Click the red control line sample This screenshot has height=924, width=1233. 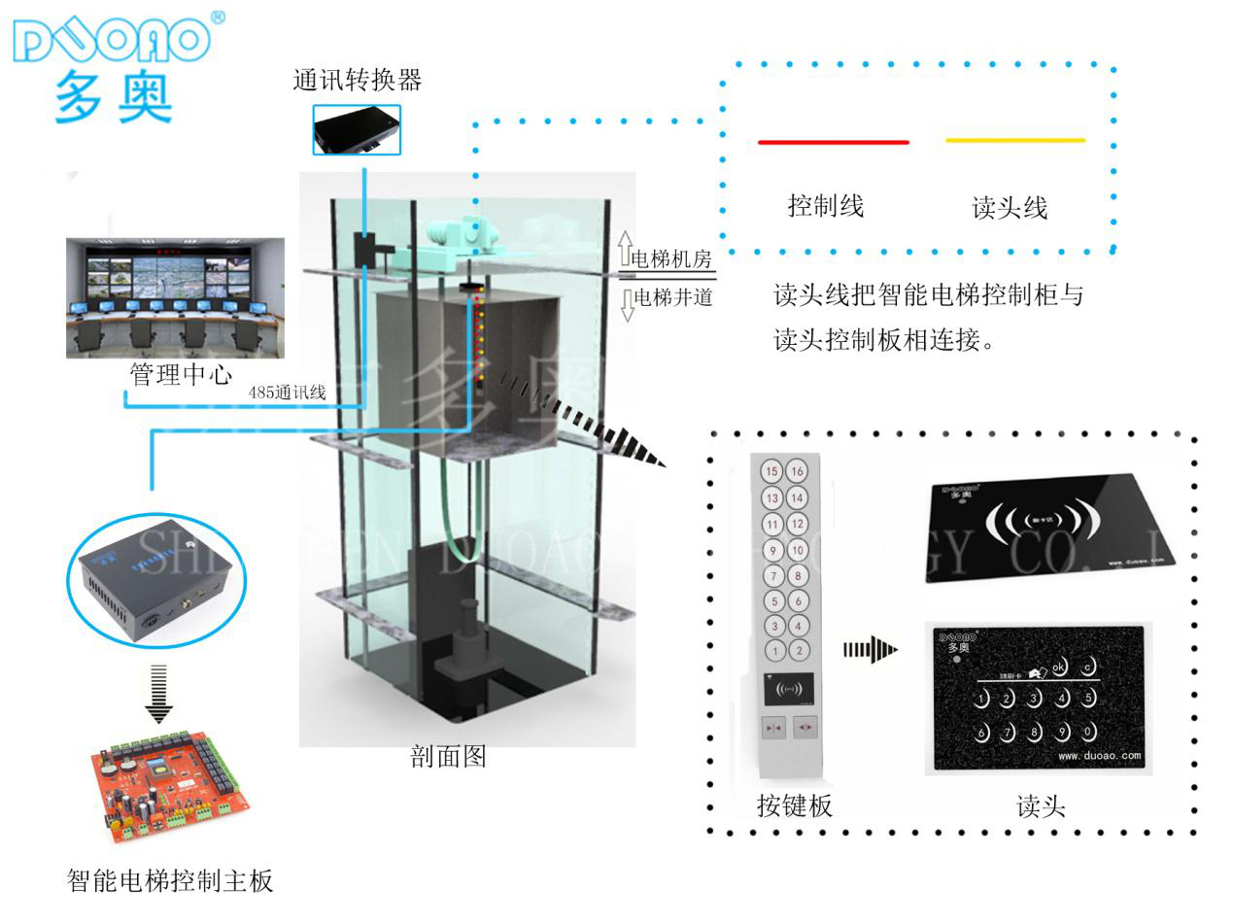pos(833,142)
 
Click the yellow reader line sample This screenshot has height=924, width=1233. pos(1014,141)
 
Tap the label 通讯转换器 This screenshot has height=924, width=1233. pos(357,80)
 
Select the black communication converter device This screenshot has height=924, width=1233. pos(356,129)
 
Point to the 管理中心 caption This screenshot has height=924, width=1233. pos(181,374)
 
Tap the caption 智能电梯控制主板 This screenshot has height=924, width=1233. pos(170,880)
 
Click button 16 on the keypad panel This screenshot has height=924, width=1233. pos(797,472)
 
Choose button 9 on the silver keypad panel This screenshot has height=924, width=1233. pos(773,551)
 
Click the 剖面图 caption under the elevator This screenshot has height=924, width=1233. pos(448,757)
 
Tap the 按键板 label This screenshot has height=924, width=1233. pos(794,805)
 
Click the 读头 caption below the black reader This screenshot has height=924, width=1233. pos(1041,805)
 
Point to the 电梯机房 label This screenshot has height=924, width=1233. pos(671,259)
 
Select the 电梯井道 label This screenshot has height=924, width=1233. pos(672,297)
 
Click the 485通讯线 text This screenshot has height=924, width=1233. pos(288,394)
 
